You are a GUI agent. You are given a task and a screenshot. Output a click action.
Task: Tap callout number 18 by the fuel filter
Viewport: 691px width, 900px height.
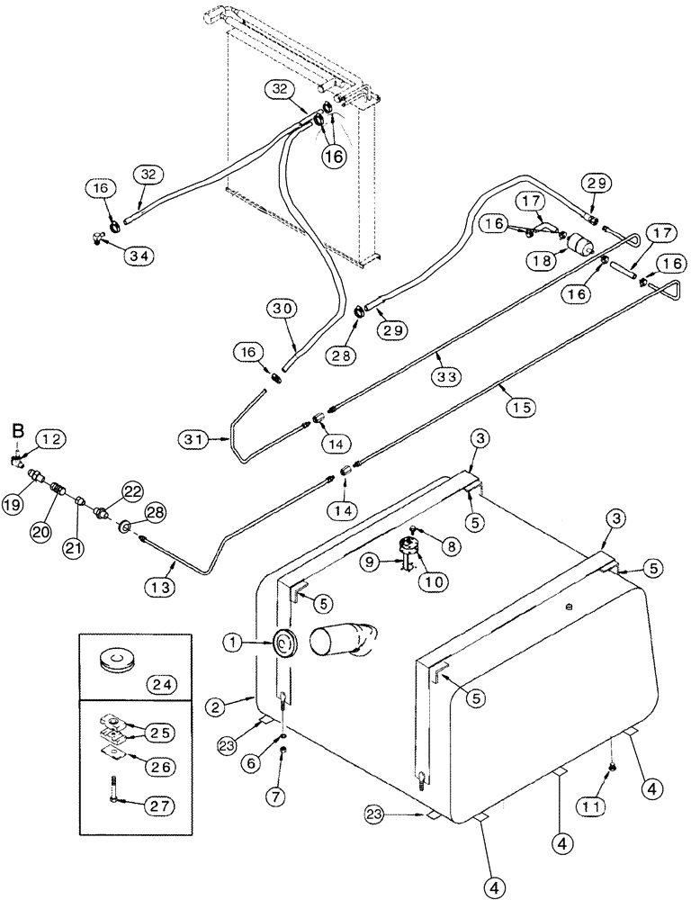pyautogui.click(x=540, y=260)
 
